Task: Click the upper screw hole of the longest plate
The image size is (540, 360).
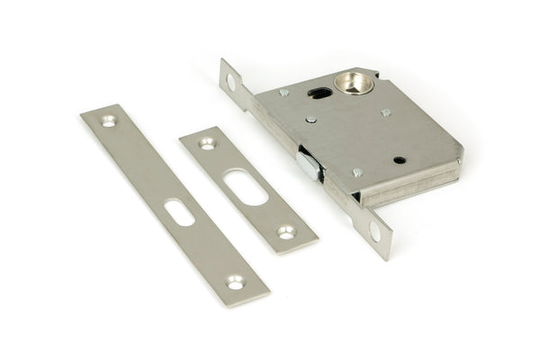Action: click(109, 121)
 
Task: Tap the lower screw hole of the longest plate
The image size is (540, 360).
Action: click(235, 282)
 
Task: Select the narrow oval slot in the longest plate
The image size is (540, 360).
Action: click(179, 211)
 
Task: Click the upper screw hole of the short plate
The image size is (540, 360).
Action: click(207, 142)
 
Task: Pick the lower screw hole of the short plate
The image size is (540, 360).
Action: click(286, 231)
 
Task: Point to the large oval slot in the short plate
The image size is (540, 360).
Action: click(245, 186)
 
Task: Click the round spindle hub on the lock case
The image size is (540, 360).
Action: click(353, 84)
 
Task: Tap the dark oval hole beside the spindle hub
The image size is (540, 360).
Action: click(319, 92)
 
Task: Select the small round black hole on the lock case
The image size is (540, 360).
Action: click(400, 160)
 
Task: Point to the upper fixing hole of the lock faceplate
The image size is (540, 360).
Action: click(230, 82)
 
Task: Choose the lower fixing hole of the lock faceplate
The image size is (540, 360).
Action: click(374, 232)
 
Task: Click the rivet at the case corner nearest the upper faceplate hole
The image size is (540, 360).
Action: click(283, 92)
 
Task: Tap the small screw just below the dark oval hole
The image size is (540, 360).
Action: click(310, 119)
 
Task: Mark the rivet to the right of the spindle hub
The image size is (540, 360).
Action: click(385, 112)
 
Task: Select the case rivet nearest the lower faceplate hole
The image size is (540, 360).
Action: click(356, 172)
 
